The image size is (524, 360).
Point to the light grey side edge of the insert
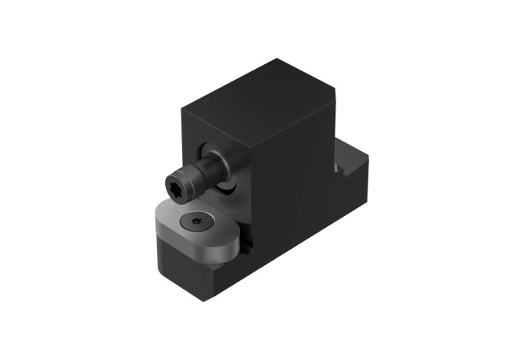pyautogui.click(x=211, y=254)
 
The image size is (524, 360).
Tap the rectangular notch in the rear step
pyautogui.click(x=342, y=167)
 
